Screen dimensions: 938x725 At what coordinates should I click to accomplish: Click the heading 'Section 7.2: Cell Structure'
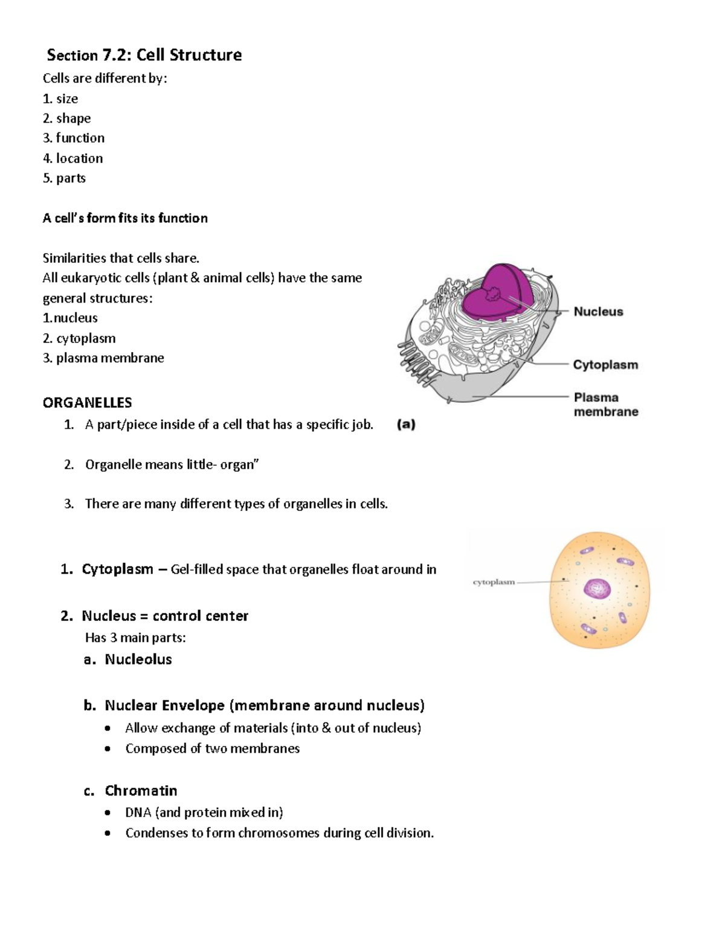click(x=144, y=55)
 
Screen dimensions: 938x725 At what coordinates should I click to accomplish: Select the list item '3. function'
click(x=74, y=138)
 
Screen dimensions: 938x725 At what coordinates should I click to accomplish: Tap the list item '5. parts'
click(x=64, y=178)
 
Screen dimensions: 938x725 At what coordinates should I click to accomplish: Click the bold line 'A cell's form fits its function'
click(x=125, y=218)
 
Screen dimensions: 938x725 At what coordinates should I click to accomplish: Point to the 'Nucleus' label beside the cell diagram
click(x=598, y=312)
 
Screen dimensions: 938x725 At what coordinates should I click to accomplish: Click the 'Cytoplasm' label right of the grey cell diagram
click(x=605, y=365)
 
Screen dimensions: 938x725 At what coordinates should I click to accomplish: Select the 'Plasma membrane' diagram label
click(x=605, y=405)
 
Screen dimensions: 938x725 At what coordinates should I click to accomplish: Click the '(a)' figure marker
click(x=406, y=424)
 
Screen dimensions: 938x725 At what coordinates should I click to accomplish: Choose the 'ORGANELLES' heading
click(x=87, y=402)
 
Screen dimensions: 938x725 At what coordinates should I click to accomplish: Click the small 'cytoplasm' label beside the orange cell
click(x=494, y=582)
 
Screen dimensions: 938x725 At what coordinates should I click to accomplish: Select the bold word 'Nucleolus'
click(x=138, y=659)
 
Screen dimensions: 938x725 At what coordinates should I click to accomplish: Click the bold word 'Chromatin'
click(x=141, y=791)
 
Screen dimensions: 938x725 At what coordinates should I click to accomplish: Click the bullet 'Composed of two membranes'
click(x=212, y=748)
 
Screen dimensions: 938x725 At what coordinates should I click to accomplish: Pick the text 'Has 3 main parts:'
click(x=135, y=637)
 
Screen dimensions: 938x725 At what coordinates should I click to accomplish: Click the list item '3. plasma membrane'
click(x=103, y=358)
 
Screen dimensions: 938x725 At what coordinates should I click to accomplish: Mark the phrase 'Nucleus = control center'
click(x=165, y=615)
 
